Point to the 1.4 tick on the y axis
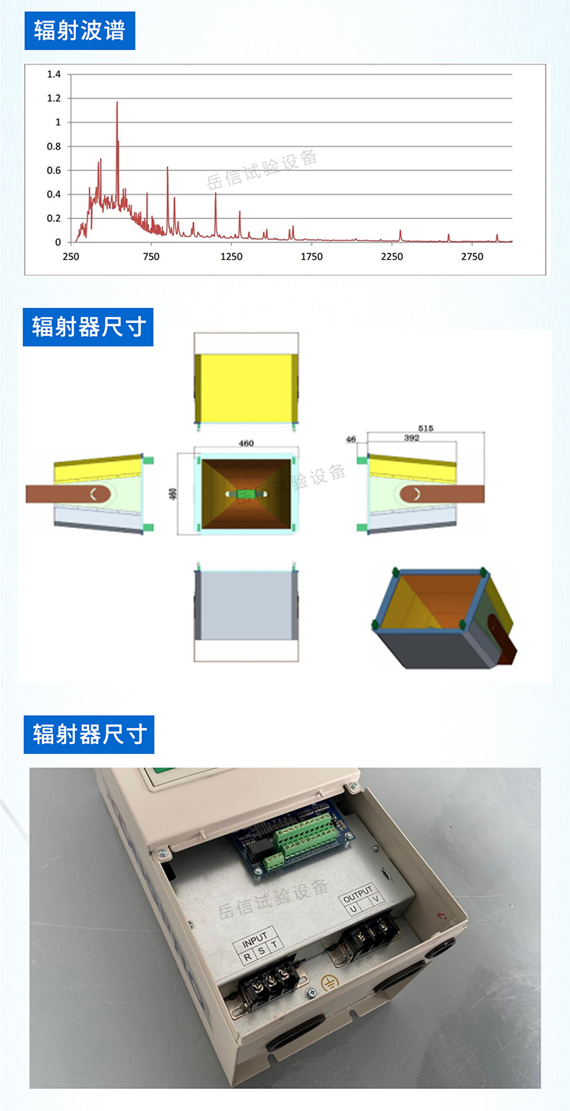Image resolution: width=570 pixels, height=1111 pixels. tap(54, 74)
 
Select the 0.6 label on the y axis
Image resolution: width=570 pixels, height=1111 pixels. tap(54, 170)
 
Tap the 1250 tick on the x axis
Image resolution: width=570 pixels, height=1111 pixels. tap(231, 257)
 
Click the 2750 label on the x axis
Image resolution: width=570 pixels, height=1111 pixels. tap(472, 257)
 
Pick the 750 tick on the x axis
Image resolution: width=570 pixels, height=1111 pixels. tap(151, 257)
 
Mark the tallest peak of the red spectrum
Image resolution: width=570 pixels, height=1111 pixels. tap(117, 103)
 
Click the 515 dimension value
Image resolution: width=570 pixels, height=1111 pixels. tap(426, 429)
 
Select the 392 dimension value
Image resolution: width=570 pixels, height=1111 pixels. tap(412, 438)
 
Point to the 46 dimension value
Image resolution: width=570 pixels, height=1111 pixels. tap(350, 439)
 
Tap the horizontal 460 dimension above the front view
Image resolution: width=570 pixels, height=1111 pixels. tap(246, 443)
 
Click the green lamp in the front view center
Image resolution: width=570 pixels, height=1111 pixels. tap(245, 494)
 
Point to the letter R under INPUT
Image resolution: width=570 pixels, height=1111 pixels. tap(247, 957)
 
